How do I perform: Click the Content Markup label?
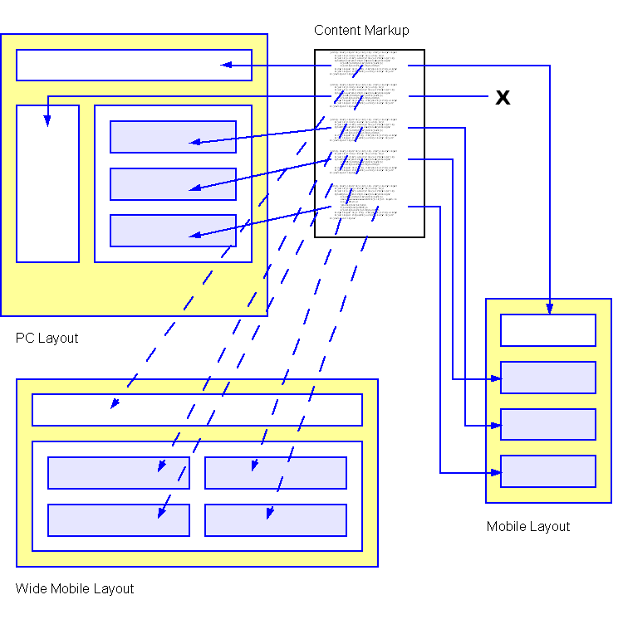coord(361,31)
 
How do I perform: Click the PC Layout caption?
coord(47,339)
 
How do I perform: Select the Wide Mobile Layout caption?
coord(75,589)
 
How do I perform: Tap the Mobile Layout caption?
coord(528,527)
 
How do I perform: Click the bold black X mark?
coord(503,97)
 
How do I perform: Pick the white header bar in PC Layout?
coord(134,66)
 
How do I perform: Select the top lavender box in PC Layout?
coord(173,137)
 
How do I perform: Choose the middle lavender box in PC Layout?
coord(173,184)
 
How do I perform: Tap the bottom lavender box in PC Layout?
coord(173,231)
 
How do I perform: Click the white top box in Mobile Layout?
coord(548,330)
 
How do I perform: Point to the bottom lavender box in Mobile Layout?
coord(548,471)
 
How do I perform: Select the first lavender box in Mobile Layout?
coord(548,378)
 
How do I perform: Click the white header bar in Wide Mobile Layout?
coord(197,410)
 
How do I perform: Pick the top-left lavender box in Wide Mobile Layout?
coord(118,473)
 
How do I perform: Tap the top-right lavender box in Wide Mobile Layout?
coord(276,473)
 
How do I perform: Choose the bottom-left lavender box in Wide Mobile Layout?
coord(118,520)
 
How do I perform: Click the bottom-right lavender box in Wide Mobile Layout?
coord(276,520)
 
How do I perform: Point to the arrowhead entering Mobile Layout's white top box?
coord(549,309)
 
